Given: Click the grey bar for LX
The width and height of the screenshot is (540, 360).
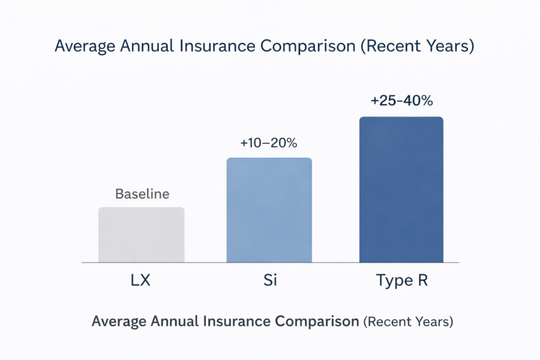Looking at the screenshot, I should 141,235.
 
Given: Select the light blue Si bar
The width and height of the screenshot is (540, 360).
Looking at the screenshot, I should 269,210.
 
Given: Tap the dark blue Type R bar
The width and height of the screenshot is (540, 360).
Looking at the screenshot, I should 401,190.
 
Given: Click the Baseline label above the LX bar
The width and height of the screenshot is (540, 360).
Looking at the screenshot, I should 142,194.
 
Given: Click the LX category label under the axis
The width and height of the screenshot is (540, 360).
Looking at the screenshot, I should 140,280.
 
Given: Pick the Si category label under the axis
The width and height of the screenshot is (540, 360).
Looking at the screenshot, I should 269,280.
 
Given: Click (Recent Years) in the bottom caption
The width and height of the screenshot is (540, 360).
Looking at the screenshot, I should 408,321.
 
